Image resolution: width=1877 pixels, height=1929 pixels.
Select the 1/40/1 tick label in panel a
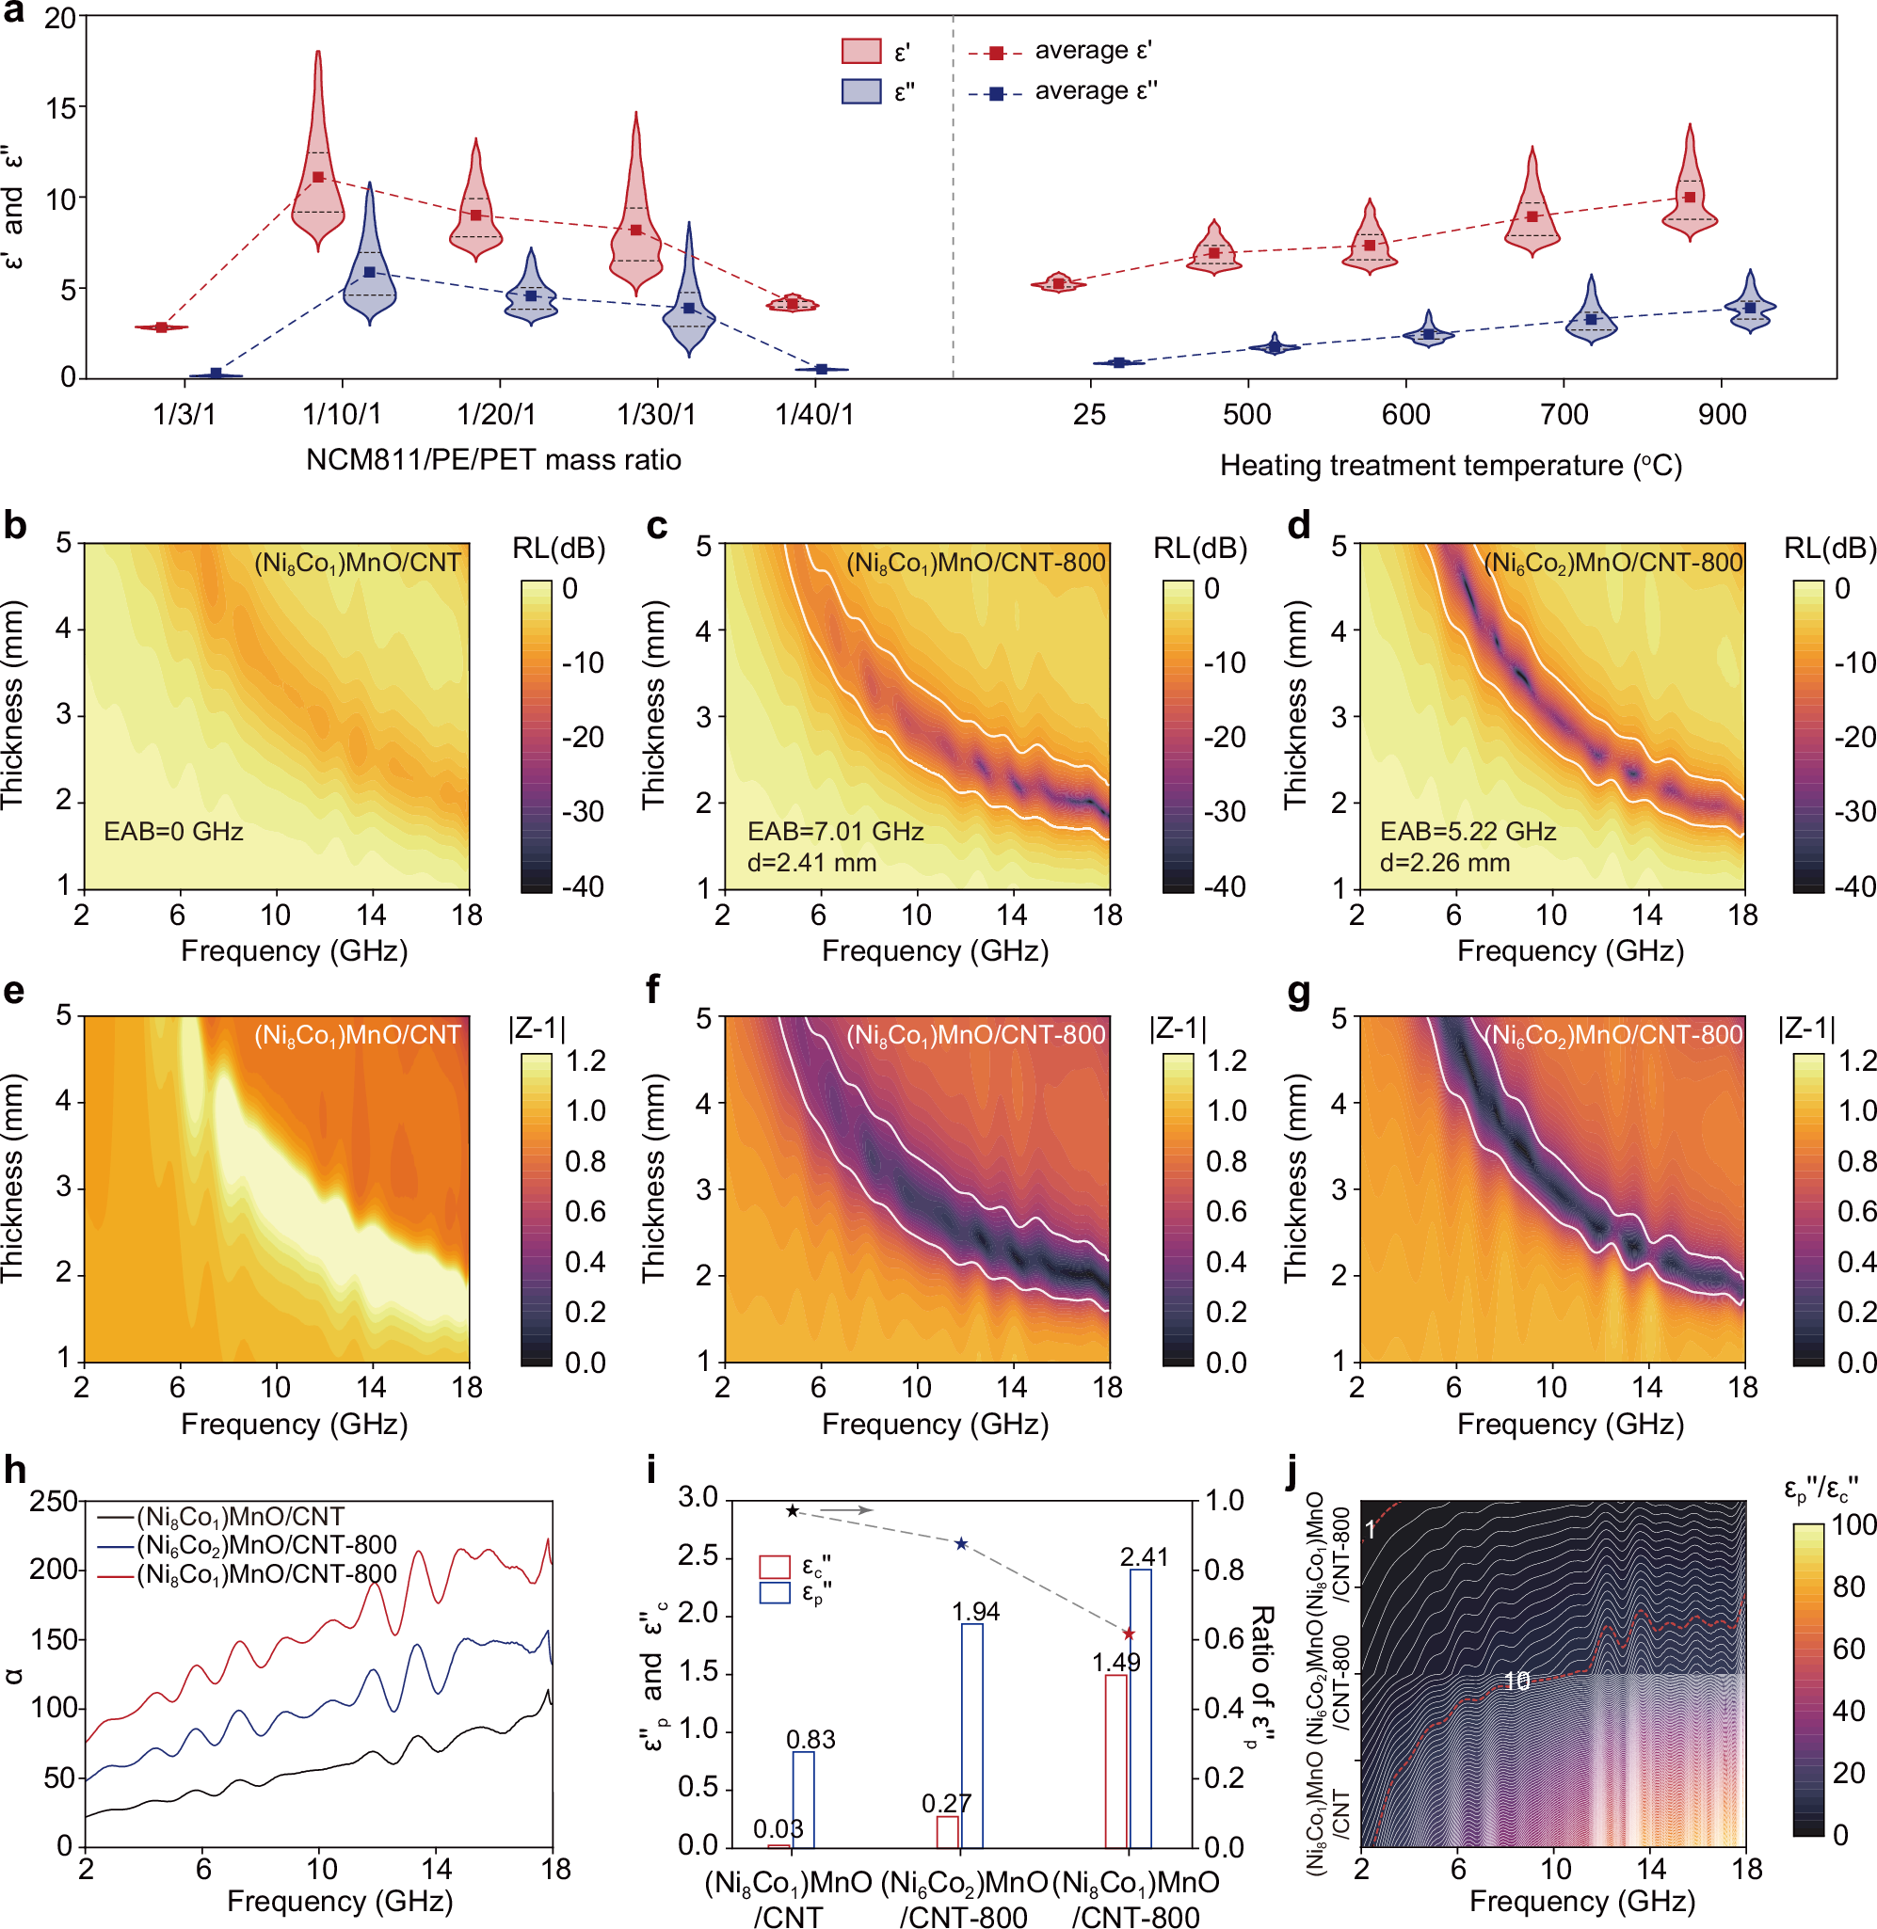[814, 414]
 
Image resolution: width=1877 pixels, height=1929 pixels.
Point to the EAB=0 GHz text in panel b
[173, 831]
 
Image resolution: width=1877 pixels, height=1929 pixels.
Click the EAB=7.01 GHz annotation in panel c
[835, 831]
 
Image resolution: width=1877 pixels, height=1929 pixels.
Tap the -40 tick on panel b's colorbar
[583, 886]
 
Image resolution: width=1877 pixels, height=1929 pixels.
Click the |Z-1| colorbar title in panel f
[1177, 1029]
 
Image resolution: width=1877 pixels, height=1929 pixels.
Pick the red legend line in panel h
[116, 1574]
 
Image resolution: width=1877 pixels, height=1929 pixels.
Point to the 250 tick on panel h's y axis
[54, 1501]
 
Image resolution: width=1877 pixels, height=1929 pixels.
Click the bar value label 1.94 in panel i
[975, 1612]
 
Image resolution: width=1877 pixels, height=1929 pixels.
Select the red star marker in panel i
[1129, 1634]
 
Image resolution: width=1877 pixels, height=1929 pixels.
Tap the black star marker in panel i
[793, 1511]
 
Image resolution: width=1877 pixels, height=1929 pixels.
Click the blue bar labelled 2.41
[1140, 1707]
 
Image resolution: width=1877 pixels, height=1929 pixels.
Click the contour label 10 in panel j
[1516, 1682]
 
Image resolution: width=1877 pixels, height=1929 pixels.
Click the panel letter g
[1298, 993]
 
